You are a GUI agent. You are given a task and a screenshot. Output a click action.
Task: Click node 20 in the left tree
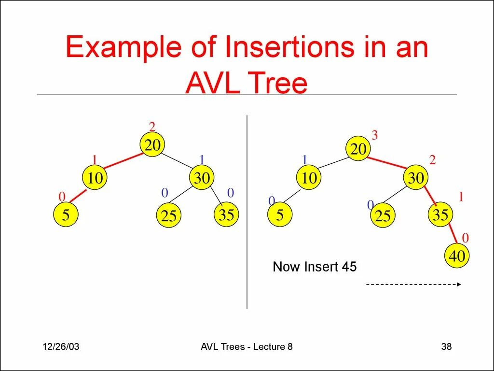[x=152, y=145]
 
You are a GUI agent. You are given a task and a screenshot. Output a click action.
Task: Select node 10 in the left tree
[x=95, y=178]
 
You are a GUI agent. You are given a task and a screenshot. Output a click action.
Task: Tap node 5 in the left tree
[x=65, y=215]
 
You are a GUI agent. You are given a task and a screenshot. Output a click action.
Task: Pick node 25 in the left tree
[x=169, y=215]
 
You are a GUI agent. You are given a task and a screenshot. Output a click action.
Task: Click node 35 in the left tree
[x=226, y=214]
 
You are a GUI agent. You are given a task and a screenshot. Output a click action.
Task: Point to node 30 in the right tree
[x=415, y=178]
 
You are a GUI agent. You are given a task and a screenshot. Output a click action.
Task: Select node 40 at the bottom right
[x=456, y=256]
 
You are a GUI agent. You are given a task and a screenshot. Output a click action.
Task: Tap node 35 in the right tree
[x=440, y=214]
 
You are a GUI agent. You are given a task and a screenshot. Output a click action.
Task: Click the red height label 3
[x=374, y=136]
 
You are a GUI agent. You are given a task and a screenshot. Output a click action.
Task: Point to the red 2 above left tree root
[x=152, y=127]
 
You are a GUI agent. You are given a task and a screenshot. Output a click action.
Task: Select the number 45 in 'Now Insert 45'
[x=349, y=267]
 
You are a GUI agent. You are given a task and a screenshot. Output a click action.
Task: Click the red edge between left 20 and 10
[x=123, y=162]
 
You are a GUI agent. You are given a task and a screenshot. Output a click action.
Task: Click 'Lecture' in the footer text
[x=268, y=346]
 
